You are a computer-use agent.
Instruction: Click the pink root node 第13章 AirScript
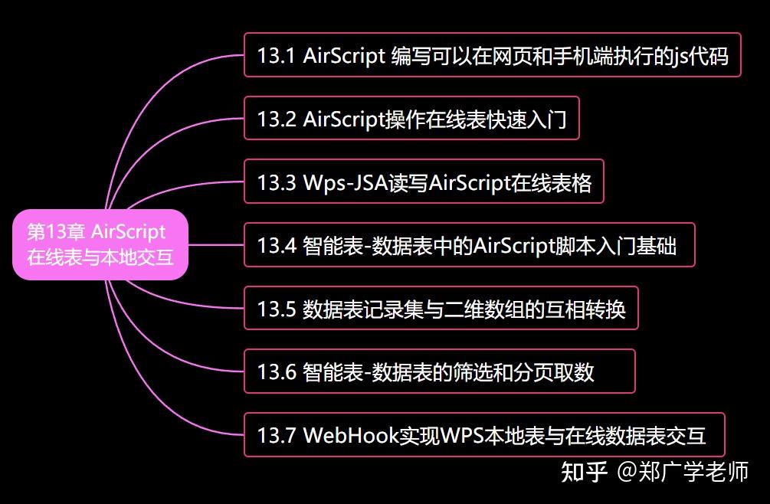click(x=100, y=244)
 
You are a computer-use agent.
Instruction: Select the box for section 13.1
click(x=492, y=55)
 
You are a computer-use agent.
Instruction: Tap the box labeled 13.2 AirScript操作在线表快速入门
click(x=411, y=119)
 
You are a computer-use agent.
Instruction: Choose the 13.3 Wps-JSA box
click(x=424, y=182)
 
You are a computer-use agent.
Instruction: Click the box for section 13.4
click(x=469, y=245)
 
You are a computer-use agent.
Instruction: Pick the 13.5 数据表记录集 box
click(x=441, y=309)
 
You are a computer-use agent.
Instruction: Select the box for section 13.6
click(x=439, y=372)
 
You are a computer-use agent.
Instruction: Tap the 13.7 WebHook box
click(x=483, y=435)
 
